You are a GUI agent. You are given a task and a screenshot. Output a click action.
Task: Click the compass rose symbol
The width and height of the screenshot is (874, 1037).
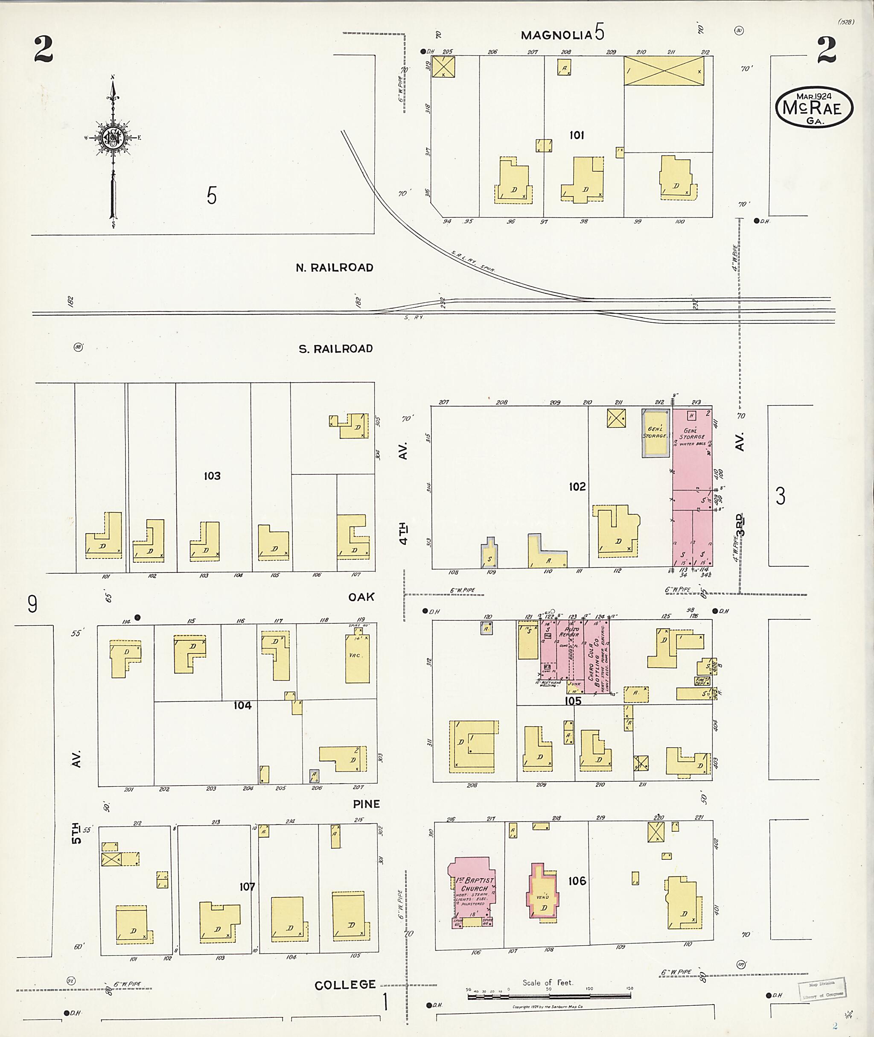(x=114, y=139)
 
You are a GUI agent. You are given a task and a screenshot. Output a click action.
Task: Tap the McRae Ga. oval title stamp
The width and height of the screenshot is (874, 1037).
(x=814, y=108)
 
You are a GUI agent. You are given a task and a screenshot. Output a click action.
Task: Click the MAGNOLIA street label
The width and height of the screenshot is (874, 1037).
(x=556, y=35)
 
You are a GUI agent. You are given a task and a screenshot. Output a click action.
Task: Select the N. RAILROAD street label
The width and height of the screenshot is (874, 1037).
(x=335, y=268)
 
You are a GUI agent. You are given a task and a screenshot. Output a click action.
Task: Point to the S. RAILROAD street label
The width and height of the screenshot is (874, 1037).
(x=335, y=348)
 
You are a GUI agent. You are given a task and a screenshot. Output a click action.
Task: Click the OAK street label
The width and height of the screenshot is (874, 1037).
(x=361, y=597)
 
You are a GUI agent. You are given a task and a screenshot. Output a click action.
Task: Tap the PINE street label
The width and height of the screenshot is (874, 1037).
(x=366, y=804)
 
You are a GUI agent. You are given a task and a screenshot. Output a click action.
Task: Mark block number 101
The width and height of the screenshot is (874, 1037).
(x=576, y=135)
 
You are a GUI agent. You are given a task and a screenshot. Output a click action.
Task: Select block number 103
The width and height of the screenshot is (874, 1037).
(x=212, y=476)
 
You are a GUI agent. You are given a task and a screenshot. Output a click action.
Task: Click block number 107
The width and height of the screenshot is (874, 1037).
(x=247, y=886)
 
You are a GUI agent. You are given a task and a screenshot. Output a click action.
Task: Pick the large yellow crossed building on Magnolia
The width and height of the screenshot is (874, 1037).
(x=663, y=70)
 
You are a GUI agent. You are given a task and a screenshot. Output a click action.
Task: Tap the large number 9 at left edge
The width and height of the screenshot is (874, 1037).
(x=32, y=604)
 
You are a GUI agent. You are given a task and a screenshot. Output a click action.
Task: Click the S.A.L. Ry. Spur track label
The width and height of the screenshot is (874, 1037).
(x=473, y=262)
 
